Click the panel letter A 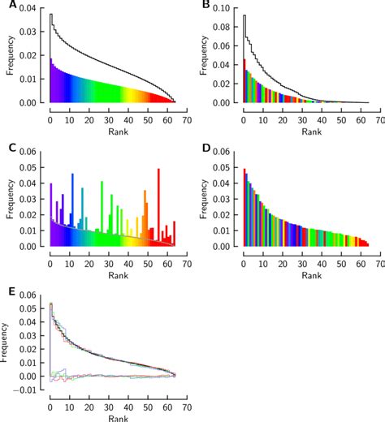(x=6, y=6)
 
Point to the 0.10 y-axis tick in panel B (x=229, y=8)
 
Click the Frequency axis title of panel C (x=7, y=199)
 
